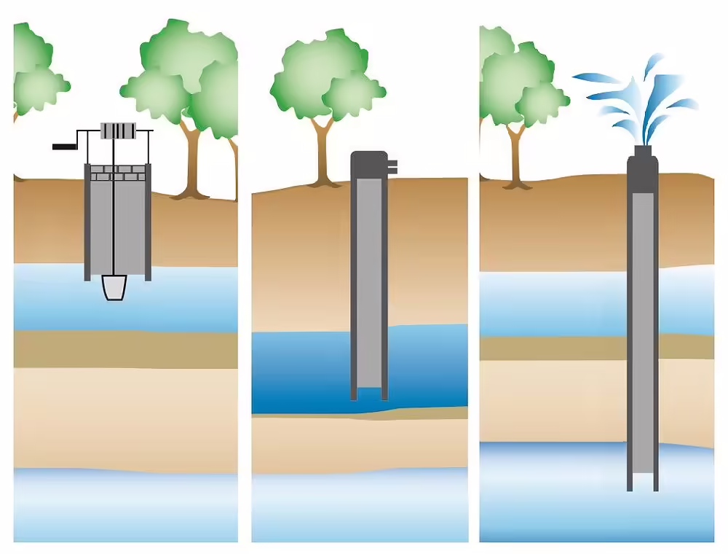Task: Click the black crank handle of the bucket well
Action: pos(65,147)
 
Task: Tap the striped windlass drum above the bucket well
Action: pos(118,130)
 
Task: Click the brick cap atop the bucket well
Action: pos(117,173)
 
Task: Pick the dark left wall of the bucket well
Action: pos(87,222)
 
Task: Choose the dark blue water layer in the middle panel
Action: pos(306,372)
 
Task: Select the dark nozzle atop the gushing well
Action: pos(642,152)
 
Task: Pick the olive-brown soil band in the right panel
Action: pos(553,348)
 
